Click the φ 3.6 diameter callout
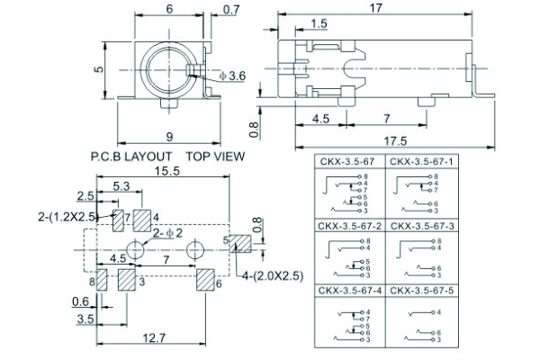pos(232,77)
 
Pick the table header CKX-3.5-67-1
pos(421,161)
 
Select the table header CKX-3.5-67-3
pos(421,225)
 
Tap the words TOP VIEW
pos(215,156)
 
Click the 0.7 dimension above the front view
pos(230,11)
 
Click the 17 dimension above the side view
pos(376,8)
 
